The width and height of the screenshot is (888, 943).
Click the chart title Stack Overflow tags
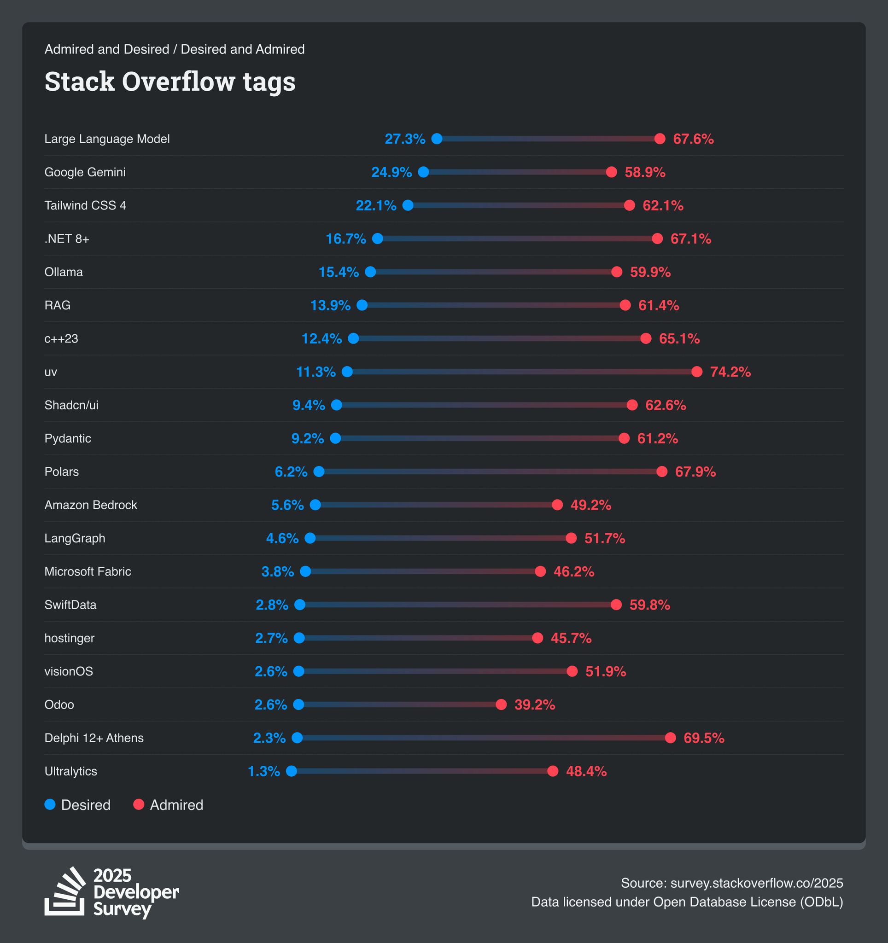click(x=170, y=81)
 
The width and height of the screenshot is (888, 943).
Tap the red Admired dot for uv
click(x=696, y=372)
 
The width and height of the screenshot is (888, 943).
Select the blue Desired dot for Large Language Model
click(x=437, y=139)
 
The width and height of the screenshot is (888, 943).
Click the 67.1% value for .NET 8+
click(x=690, y=239)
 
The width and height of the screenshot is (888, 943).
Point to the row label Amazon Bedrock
click(x=91, y=505)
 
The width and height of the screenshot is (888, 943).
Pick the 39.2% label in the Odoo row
click(x=535, y=704)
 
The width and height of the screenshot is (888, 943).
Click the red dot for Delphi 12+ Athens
click(x=670, y=738)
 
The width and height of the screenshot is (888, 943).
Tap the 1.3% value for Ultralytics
click(x=264, y=771)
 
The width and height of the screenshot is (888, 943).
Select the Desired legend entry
click(x=77, y=804)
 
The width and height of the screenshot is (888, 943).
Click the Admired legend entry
click(x=169, y=804)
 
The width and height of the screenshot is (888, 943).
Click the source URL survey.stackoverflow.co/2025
click(x=757, y=883)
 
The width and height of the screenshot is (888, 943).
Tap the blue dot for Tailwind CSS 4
click(x=408, y=205)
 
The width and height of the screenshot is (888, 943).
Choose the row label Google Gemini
click(x=85, y=172)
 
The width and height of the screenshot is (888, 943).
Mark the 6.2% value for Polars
click(x=291, y=471)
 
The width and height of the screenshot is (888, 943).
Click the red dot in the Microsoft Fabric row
click(x=540, y=571)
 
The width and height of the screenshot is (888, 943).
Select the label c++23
click(x=61, y=339)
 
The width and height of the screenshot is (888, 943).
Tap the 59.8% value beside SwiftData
click(x=649, y=605)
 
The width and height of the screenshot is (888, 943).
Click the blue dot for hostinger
click(x=299, y=638)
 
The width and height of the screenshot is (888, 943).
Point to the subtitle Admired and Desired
click(x=107, y=49)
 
